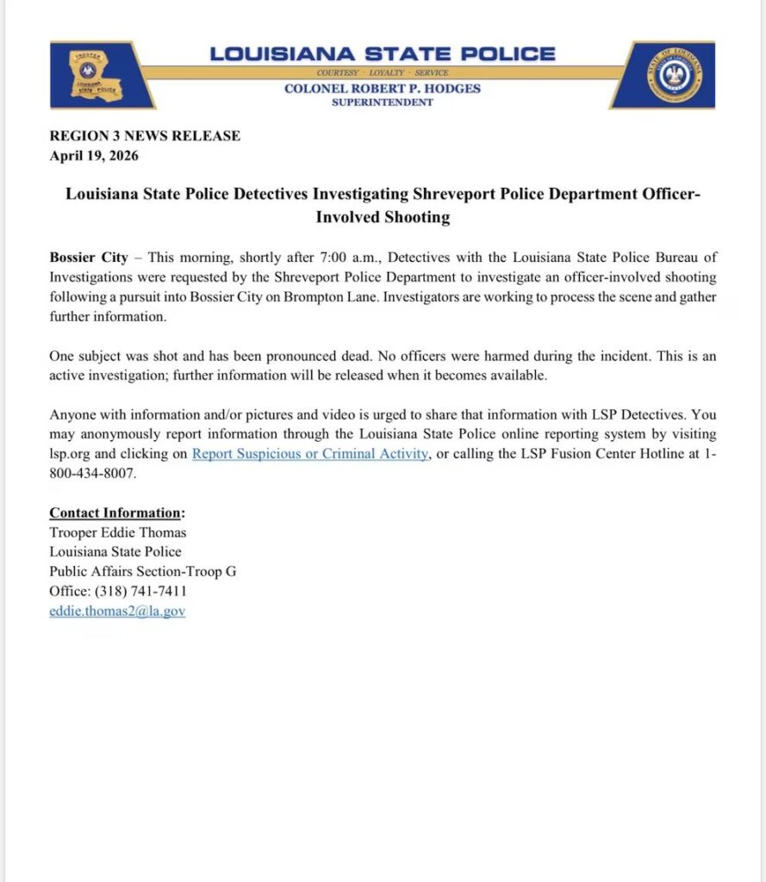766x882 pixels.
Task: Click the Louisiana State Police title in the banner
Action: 383,53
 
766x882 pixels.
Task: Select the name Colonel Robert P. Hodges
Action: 383,88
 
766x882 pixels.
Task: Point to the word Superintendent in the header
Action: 383,102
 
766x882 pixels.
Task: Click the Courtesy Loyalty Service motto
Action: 383,72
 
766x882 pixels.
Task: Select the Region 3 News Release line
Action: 145,136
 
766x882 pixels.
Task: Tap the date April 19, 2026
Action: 94,156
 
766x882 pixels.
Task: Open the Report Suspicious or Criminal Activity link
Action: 310,454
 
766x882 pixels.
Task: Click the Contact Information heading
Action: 116,512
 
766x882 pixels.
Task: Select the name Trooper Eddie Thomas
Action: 117,532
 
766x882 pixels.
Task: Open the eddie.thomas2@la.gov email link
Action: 117,611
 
